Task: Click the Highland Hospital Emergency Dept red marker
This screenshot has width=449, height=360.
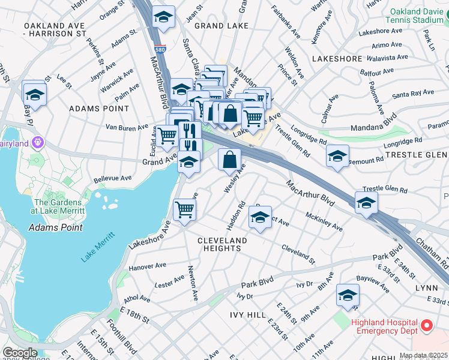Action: tap(427, 326)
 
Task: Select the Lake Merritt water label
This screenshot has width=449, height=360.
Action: tap(96, 245)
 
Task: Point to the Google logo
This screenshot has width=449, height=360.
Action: tap(20, 353)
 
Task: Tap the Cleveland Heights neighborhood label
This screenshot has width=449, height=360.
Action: tap(222, 244)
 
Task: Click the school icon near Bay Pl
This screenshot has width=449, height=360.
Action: tap(35, 94)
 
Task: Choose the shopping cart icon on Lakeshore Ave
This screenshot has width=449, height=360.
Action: tap(184, 209)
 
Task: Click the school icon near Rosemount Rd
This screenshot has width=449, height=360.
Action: tap(338, 155)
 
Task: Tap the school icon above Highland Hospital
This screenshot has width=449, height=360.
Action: tap(347, 295)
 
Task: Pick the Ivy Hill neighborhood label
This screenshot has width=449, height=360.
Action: tap(247, 314)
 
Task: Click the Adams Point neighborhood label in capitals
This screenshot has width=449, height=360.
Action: tap(99, 109)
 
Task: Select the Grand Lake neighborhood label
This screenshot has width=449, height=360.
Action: tap(217, 26)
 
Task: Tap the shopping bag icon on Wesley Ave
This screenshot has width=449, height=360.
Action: tap(230, 160)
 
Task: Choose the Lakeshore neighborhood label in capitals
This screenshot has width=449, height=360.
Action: tap(337, 59)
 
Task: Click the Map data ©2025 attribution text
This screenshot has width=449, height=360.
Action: tap(423, 355)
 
